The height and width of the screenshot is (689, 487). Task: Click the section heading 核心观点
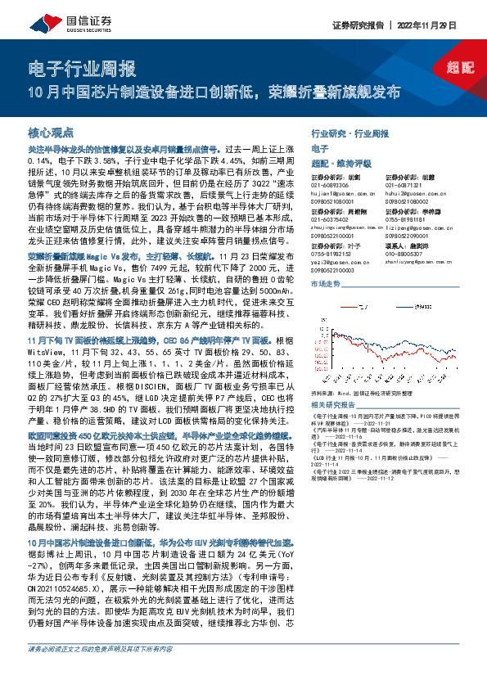point(51,130)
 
